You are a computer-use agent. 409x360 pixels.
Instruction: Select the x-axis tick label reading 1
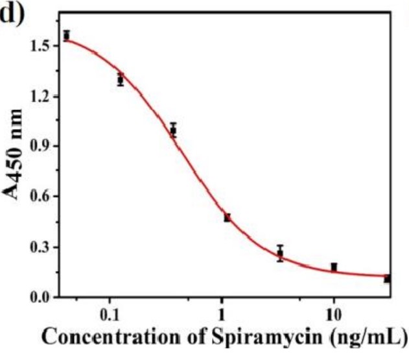(222, 317)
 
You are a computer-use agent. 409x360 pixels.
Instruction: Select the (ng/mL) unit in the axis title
(369, 339)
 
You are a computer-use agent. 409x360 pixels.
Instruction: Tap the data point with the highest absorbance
(67, 35)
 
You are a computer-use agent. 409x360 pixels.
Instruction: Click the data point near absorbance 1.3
(120, 80)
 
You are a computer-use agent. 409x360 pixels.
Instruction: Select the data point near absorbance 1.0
(173, 130)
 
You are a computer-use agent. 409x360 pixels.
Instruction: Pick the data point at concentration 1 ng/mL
(227, 218)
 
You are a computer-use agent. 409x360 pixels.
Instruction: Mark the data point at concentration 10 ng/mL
(334, 267)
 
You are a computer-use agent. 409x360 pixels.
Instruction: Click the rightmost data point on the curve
(387, 278)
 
